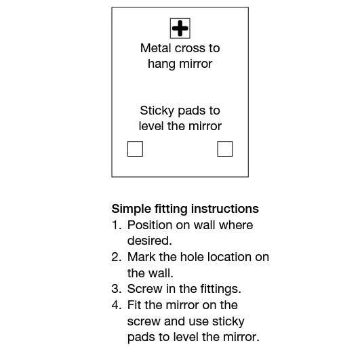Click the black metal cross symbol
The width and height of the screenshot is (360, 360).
pyautogui.click(x=180, y=28)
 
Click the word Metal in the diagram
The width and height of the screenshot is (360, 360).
pyautogui.click(x=156, y=48)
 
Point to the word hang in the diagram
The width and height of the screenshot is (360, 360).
pyautogui.click(x=161, y=64)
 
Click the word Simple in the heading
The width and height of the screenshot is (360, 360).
pyautogui.click(x=132, y=209)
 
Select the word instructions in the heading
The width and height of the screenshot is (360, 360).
pyautogui.click(x=225, y=209)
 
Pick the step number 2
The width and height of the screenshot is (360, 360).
pyautogui.click(x=117, y=257)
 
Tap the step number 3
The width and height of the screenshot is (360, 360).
pyautogui.click(x=117, y=289)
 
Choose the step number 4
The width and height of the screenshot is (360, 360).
pyautogui.click(x=117, y=305)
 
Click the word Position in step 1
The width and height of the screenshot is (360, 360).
pyautogui.click(x=150, y=225)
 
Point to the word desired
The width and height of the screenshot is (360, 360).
pyautogui.click(x=149, y=241)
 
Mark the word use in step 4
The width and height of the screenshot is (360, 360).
pyautogui.click(x=198, y=322)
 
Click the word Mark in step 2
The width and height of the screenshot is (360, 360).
pyautogui.click(x=141, y=257)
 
